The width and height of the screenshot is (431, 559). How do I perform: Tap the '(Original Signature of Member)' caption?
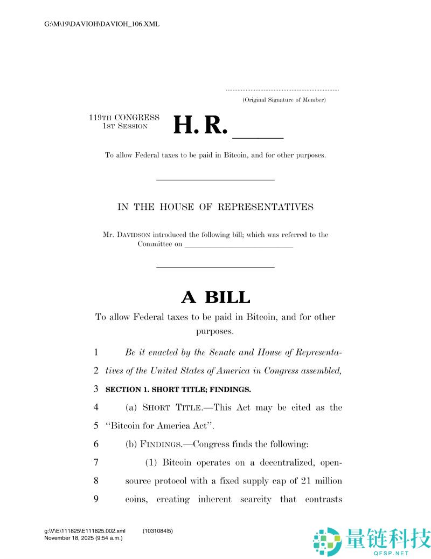(x=283, y=100)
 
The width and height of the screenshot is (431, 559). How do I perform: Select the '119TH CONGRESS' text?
(x=124, y=117)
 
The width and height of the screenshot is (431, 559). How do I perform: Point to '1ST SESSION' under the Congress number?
(x=124, y=126)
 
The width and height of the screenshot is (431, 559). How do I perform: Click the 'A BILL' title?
(x=215, y=297)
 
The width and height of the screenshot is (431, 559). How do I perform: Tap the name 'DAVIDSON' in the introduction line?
(x=133, y=235)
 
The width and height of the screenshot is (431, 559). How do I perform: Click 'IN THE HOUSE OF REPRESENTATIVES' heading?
(x=215, y=207)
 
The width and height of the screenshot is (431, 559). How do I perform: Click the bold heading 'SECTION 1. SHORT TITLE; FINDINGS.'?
(x=178, y=389)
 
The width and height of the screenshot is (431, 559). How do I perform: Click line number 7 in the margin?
(x=96, y=462)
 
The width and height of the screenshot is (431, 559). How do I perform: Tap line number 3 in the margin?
(x=96, y=389)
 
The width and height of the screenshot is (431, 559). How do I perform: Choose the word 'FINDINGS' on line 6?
(x=162, y=444)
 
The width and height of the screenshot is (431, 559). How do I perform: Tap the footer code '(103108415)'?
(x=158, y=531)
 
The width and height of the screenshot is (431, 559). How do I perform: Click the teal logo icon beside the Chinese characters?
(x=327, y=540)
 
